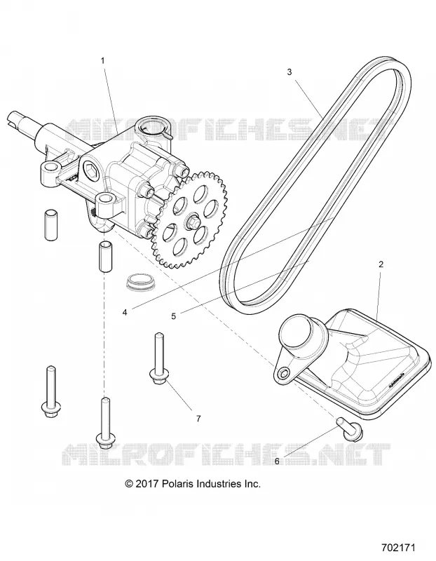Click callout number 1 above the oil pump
pyautogui.click(x=103, y=61)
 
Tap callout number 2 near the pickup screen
pyautogui.click(x=381, y=264)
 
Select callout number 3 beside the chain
pyautogui.click(x=289, y=72)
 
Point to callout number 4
pyautogui.click(x=125, y=312)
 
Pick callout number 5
pyautogui.click(x=174, y=316)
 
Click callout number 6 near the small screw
pyautogui.click(x=277, y=461)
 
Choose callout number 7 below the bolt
pyautogui.click(x=198, y=418)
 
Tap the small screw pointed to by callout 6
pyautogui.click(x=350, y=429)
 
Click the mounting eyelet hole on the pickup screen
pyautogui.click(x=284, y=374)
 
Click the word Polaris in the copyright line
pyautogui.click(x=177, y=484)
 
